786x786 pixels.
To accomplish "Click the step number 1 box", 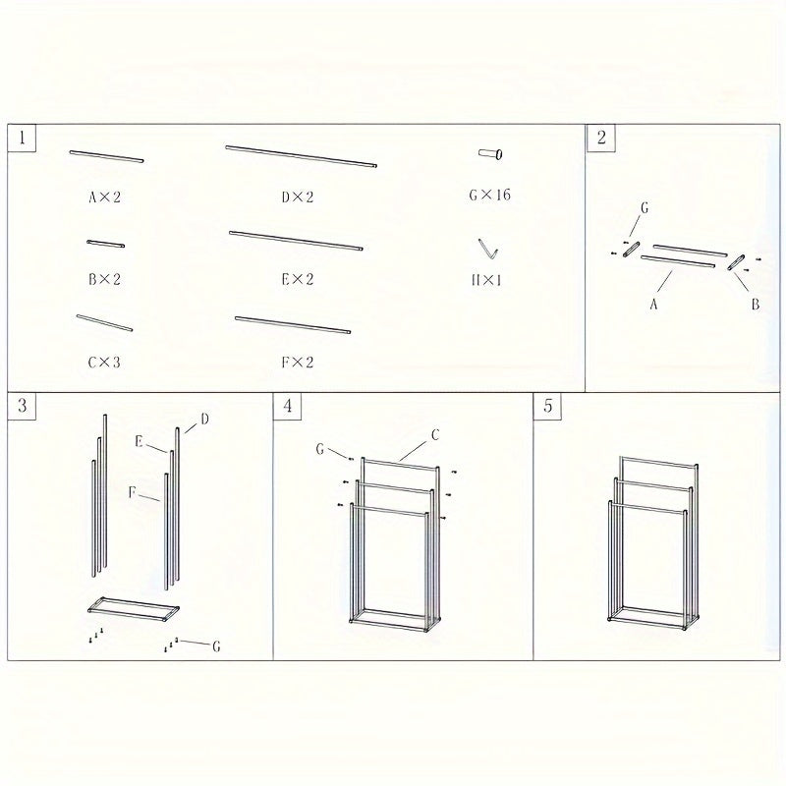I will tap(22, 138).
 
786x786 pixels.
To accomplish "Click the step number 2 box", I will tap(601, 138).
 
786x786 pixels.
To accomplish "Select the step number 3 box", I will tap(22, 406).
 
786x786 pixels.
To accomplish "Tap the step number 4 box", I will tap(286, 406).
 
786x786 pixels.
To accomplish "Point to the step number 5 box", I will tap(548, 406).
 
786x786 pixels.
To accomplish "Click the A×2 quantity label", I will tap(104, 196).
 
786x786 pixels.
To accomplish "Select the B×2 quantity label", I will tap(104, 279).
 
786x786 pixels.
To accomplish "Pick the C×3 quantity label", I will tap(104, 362).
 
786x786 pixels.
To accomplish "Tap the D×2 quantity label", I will tap(297, 196).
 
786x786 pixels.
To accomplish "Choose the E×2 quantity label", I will tap(297, 279).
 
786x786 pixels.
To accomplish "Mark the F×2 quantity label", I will tap(297, 362).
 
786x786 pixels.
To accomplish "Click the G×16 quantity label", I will tap(489, 195).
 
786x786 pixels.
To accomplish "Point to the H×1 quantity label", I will tap(486, 279).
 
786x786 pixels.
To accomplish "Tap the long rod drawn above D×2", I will tap(301, 156).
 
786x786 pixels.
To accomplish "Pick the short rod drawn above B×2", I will tap(105, 243).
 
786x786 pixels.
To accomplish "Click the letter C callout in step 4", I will tap(433, 433).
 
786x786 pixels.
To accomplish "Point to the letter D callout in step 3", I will tap(204, 420).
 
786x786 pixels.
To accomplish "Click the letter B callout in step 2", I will tap(755, 305).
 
